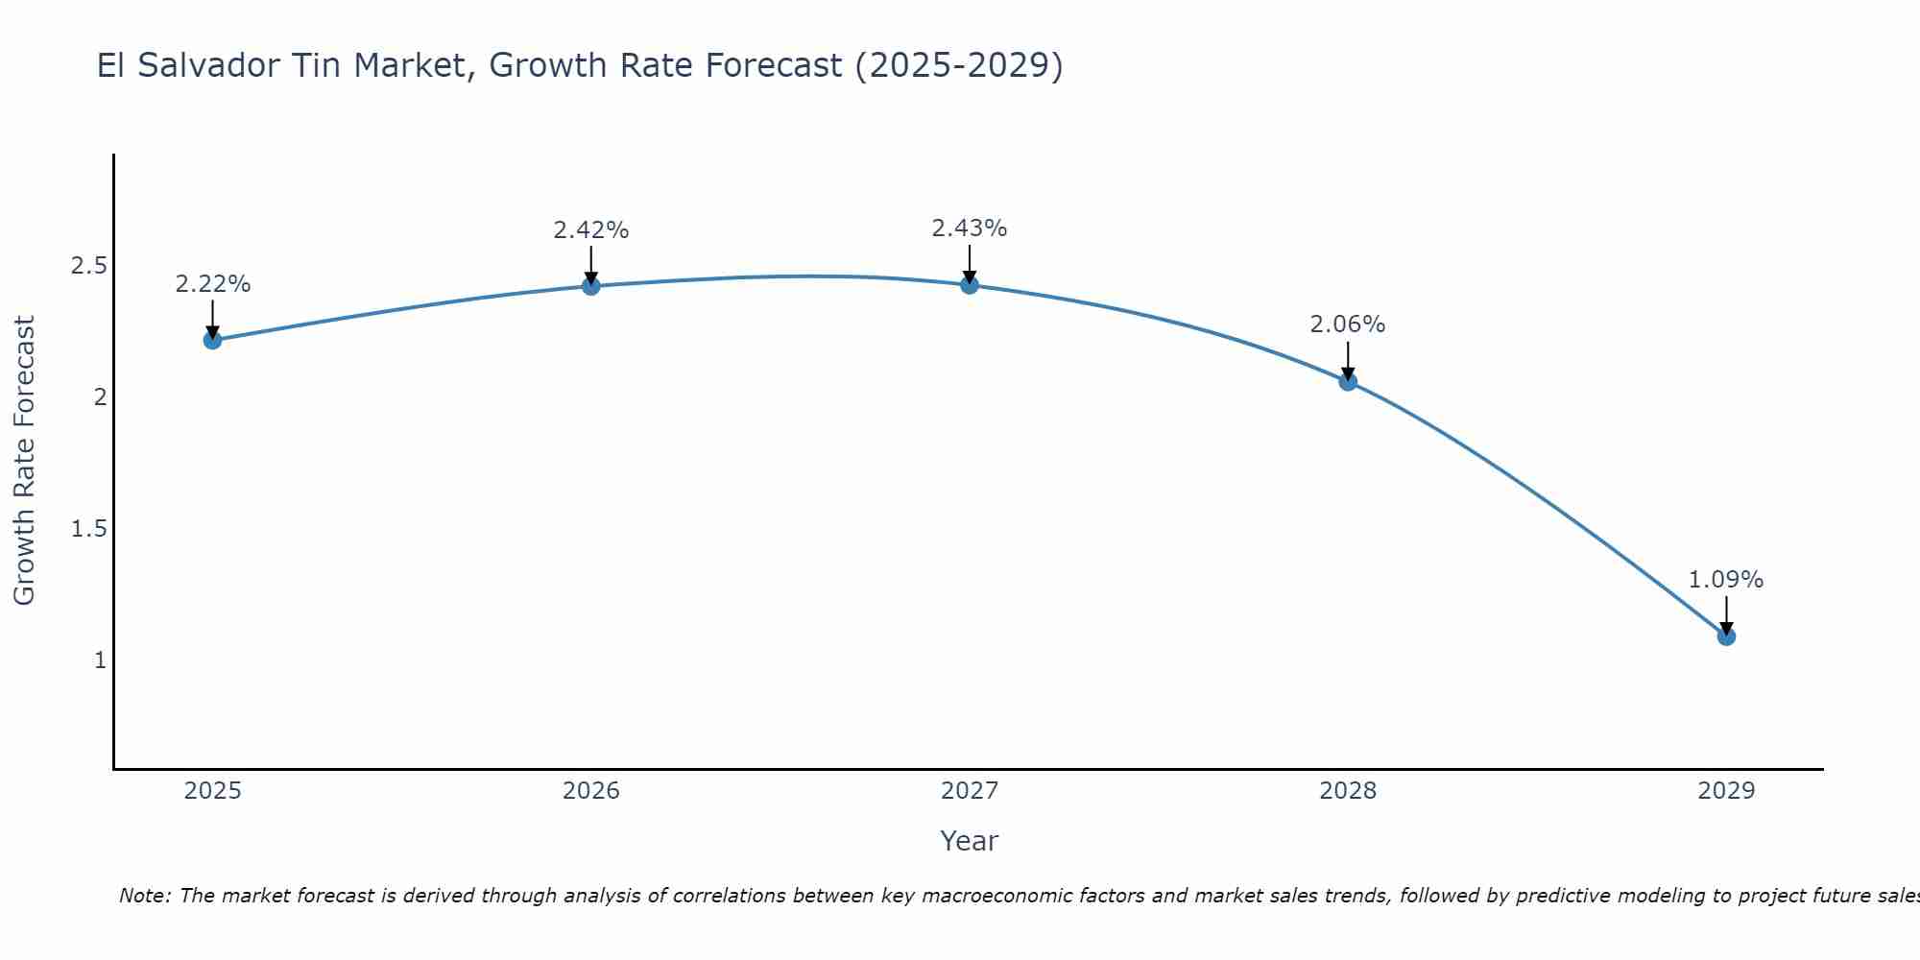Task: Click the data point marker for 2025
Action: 213,340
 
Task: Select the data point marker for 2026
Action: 591,286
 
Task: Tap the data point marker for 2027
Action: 970,284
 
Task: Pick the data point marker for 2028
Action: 1348,381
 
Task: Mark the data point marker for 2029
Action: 1726,636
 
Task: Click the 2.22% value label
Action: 213,284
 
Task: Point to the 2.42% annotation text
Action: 591,230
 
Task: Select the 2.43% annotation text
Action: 970,228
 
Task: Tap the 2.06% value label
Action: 1348,324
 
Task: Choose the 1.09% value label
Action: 1726,580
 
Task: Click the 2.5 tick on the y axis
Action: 88,266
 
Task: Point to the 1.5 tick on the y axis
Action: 88,529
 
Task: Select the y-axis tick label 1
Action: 100,660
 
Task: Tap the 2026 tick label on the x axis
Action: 591,791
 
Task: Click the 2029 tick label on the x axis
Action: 1726,791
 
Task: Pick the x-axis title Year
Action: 970,841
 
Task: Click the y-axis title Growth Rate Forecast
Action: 24,461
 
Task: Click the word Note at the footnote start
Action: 145,896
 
